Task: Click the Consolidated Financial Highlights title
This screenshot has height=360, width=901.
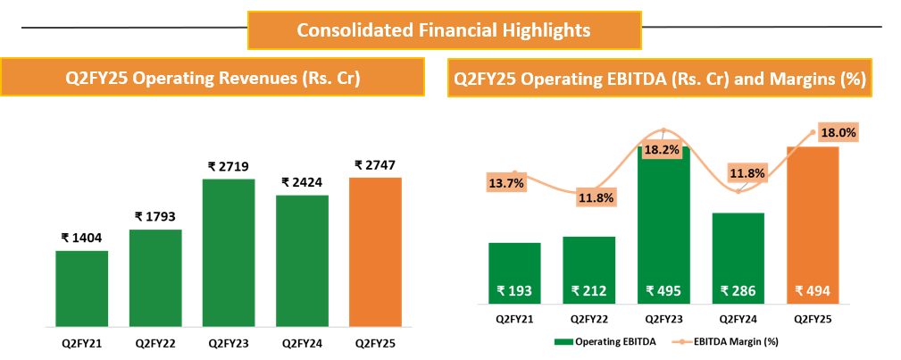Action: point(443,30)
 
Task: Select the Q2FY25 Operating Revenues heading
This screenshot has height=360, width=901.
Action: point(213,78)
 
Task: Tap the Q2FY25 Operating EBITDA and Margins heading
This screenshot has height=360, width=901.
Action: point(661,78)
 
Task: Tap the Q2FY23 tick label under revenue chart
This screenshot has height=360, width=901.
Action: point(229,342)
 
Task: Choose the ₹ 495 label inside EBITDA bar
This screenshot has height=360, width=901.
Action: point(664,290)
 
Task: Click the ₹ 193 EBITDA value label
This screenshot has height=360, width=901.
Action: point(515,290)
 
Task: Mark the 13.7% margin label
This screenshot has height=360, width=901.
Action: point(505,183)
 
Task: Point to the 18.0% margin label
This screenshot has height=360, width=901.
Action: point(838,132)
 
